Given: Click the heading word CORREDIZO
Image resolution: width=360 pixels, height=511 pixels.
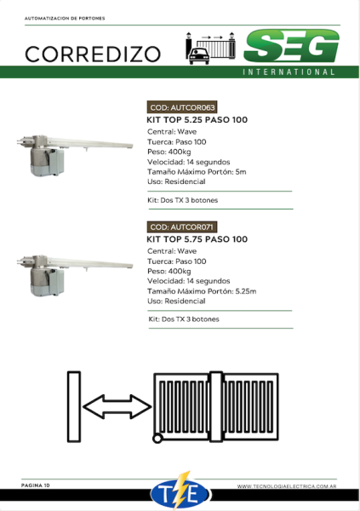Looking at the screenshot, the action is [x=93, y=55].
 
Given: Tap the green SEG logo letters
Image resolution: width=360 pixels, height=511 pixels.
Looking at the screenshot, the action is [x=292, y=46].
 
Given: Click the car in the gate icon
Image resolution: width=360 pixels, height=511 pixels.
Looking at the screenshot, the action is [x=199, y=55].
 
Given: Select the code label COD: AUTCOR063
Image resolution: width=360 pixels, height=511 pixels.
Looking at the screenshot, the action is [x=182, y=107].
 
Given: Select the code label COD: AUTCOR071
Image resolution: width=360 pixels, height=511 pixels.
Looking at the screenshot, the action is [x=181, y=227].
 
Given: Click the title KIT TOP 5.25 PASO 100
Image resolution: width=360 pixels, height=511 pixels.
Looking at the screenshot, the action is [x=197, y=120].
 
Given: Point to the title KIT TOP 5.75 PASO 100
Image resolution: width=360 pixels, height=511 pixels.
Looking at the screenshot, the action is [x=197, y=239].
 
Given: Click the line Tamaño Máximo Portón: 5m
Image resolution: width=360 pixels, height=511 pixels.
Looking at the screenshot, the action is [x=197, y=172].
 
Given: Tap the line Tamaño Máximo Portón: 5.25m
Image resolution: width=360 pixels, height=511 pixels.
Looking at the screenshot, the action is [x=202, y=291].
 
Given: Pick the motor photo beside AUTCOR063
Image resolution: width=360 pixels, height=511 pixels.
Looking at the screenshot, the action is [x=75, y=155].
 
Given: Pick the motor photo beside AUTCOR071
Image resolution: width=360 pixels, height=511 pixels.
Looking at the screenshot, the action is [x=75, y=275].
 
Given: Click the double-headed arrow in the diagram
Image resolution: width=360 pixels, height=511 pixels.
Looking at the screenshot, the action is [x=117, y=406].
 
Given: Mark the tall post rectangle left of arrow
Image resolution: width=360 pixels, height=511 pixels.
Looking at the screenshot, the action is [x=74, y=406].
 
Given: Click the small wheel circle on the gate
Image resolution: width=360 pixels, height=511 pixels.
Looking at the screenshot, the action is [x=157, y=439].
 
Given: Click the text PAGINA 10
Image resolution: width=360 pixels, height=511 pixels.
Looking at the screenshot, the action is [x=36, y=485].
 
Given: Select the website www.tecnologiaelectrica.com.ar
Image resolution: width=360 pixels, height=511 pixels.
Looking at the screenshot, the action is [x=287, y=486].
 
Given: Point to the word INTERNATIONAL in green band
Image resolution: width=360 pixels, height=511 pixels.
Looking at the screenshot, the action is [x=289, y=72].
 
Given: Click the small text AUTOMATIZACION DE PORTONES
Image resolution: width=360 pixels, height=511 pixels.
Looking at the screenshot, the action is [x=65, y=18].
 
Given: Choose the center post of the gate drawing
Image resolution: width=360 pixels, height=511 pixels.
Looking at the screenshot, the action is [x=216, y=406].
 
